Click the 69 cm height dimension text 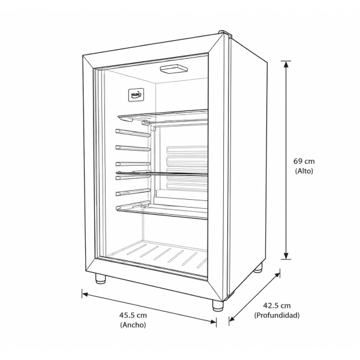click(304, 161)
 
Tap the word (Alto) click(304, 171)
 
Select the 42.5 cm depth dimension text click(277, 305)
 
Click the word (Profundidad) click(277, 315)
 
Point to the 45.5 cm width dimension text click(133, 315)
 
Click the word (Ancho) click(133, 325)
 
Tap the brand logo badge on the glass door click(136, 94)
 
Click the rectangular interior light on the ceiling click(173, 69)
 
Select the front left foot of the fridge click(100, 279)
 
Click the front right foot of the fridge click(217, 305)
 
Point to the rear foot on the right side click(258, 268)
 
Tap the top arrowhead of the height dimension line click(286, 64)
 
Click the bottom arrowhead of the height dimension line click(286, 256)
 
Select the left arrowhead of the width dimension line click(85, 295)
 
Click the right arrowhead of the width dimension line click(212, 321)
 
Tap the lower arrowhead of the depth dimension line click(232, 318)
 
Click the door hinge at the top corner click(226, 33)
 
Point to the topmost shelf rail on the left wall click(133, 133)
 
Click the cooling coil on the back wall click(187, 169)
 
